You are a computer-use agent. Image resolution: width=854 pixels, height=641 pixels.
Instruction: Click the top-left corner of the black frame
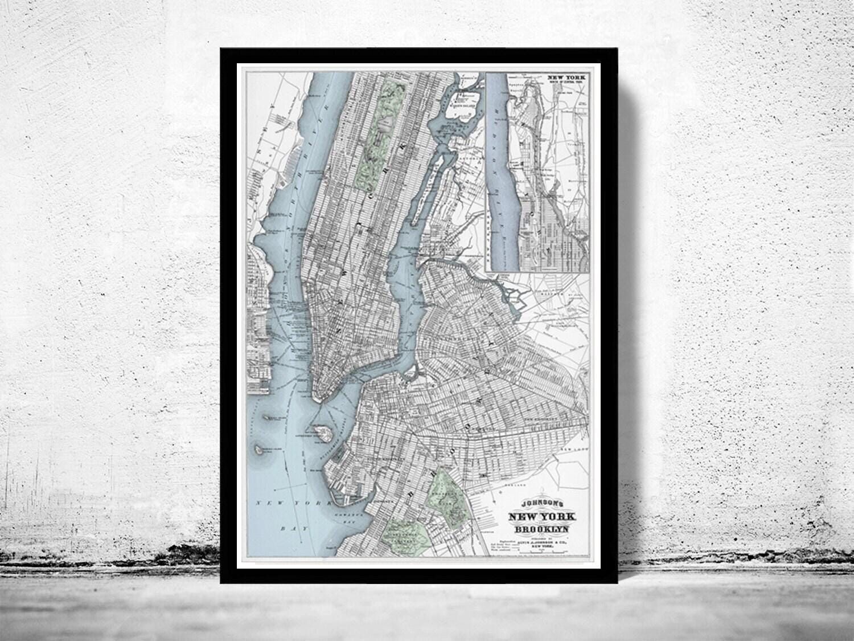click(x=221, y=48)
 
